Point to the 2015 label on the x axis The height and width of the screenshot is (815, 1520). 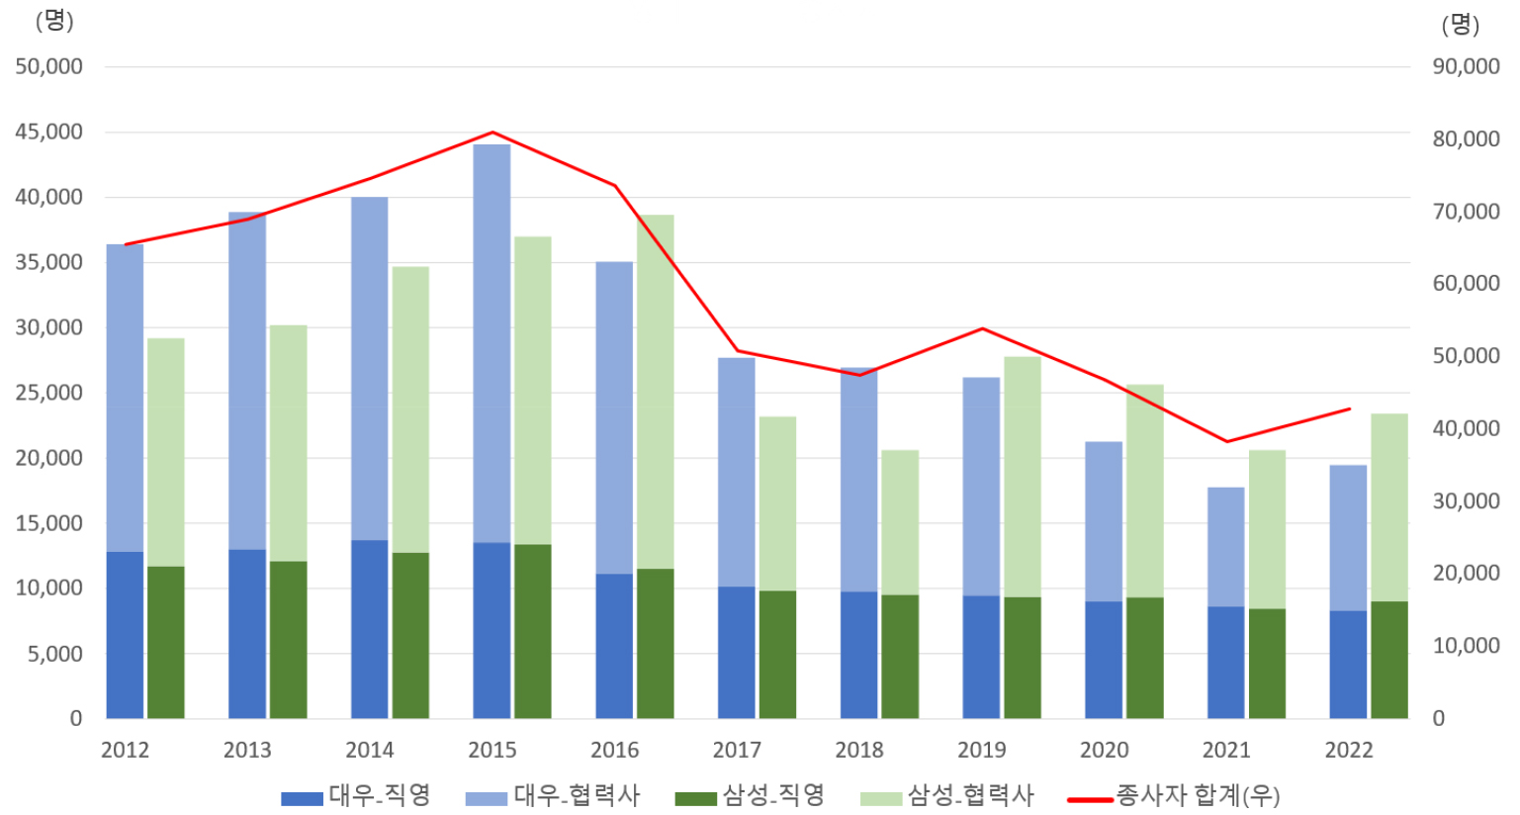pos(492,750)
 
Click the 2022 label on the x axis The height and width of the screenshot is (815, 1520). pos(1349,750)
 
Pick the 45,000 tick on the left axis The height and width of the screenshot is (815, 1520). pos(48,132)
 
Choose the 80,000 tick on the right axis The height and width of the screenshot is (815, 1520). pos(1466,138)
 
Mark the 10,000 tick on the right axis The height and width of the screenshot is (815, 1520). pos(1466,646)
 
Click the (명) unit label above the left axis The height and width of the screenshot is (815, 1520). pos(54,21)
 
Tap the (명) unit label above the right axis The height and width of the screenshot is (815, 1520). pos(1460,25)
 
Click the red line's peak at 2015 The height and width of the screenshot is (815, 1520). pos(492,133)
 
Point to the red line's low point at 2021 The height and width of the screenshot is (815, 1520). pos(1227,441)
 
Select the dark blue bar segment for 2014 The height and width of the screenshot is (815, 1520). pos(370,629)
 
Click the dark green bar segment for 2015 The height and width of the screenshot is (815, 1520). pos(533,631)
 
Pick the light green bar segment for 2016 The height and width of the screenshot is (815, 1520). pos(656,392)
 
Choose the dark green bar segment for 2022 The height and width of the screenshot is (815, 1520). pos(1389,660)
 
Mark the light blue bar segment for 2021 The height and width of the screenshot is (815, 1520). pos(1226,547)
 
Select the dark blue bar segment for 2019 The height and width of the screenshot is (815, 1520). pos(981,657)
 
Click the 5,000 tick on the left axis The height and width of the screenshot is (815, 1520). pos(48,654)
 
